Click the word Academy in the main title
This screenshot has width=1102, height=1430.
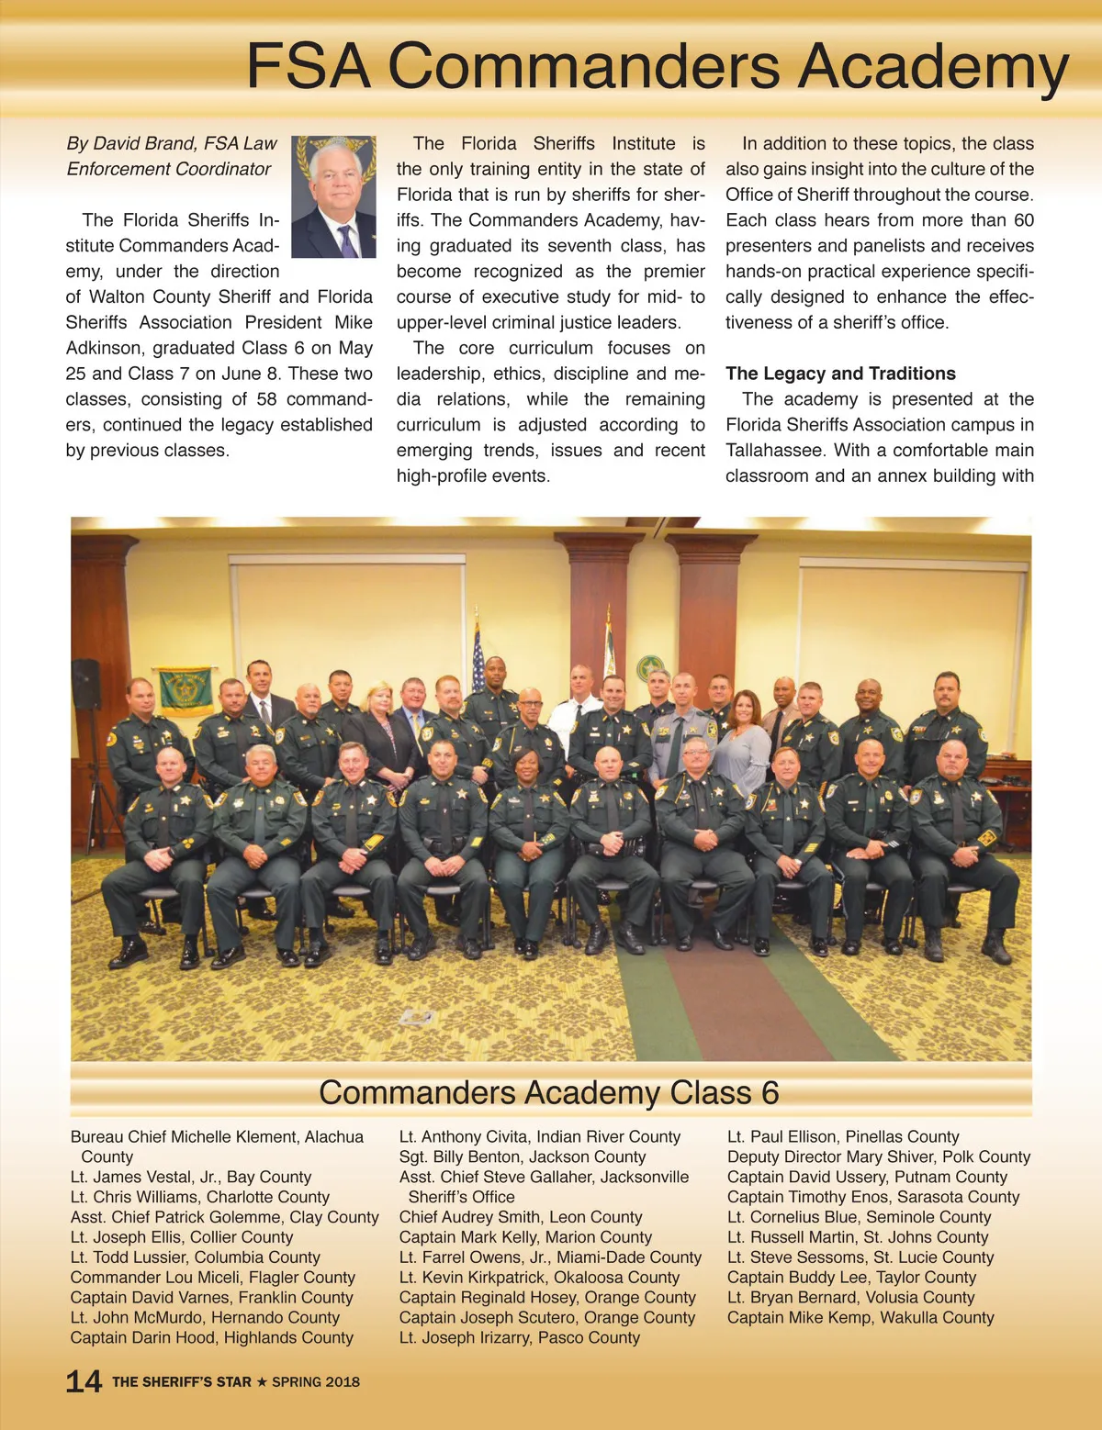click(x=932, y=66)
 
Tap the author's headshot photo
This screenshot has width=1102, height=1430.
click(x=333, y=196)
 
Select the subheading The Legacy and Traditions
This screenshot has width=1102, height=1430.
click(x=840, y=374)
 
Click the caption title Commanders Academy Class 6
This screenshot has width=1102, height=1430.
click(x=548, y=1092)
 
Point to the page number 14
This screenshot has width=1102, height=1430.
click(x=84, y=1381)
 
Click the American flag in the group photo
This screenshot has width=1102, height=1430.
click(x=477, y=657)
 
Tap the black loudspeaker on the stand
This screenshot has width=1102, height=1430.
click(x=85, y=684)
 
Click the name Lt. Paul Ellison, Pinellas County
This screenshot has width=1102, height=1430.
click(x=842, y=1136)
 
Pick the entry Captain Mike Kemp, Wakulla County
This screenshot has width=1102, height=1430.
click(x=860, y=1317)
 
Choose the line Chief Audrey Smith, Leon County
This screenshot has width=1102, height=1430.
click(x=520, y=1217)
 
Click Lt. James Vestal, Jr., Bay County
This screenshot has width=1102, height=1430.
click(x=190, y=1177)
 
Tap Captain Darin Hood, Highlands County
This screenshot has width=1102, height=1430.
click(x=211, y=1337)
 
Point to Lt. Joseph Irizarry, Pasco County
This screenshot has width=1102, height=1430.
click(x=519, y=1337)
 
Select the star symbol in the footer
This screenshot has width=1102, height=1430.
click(x=262, y=1381)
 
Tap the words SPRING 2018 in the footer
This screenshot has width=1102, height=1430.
click(x=316, y=1381)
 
